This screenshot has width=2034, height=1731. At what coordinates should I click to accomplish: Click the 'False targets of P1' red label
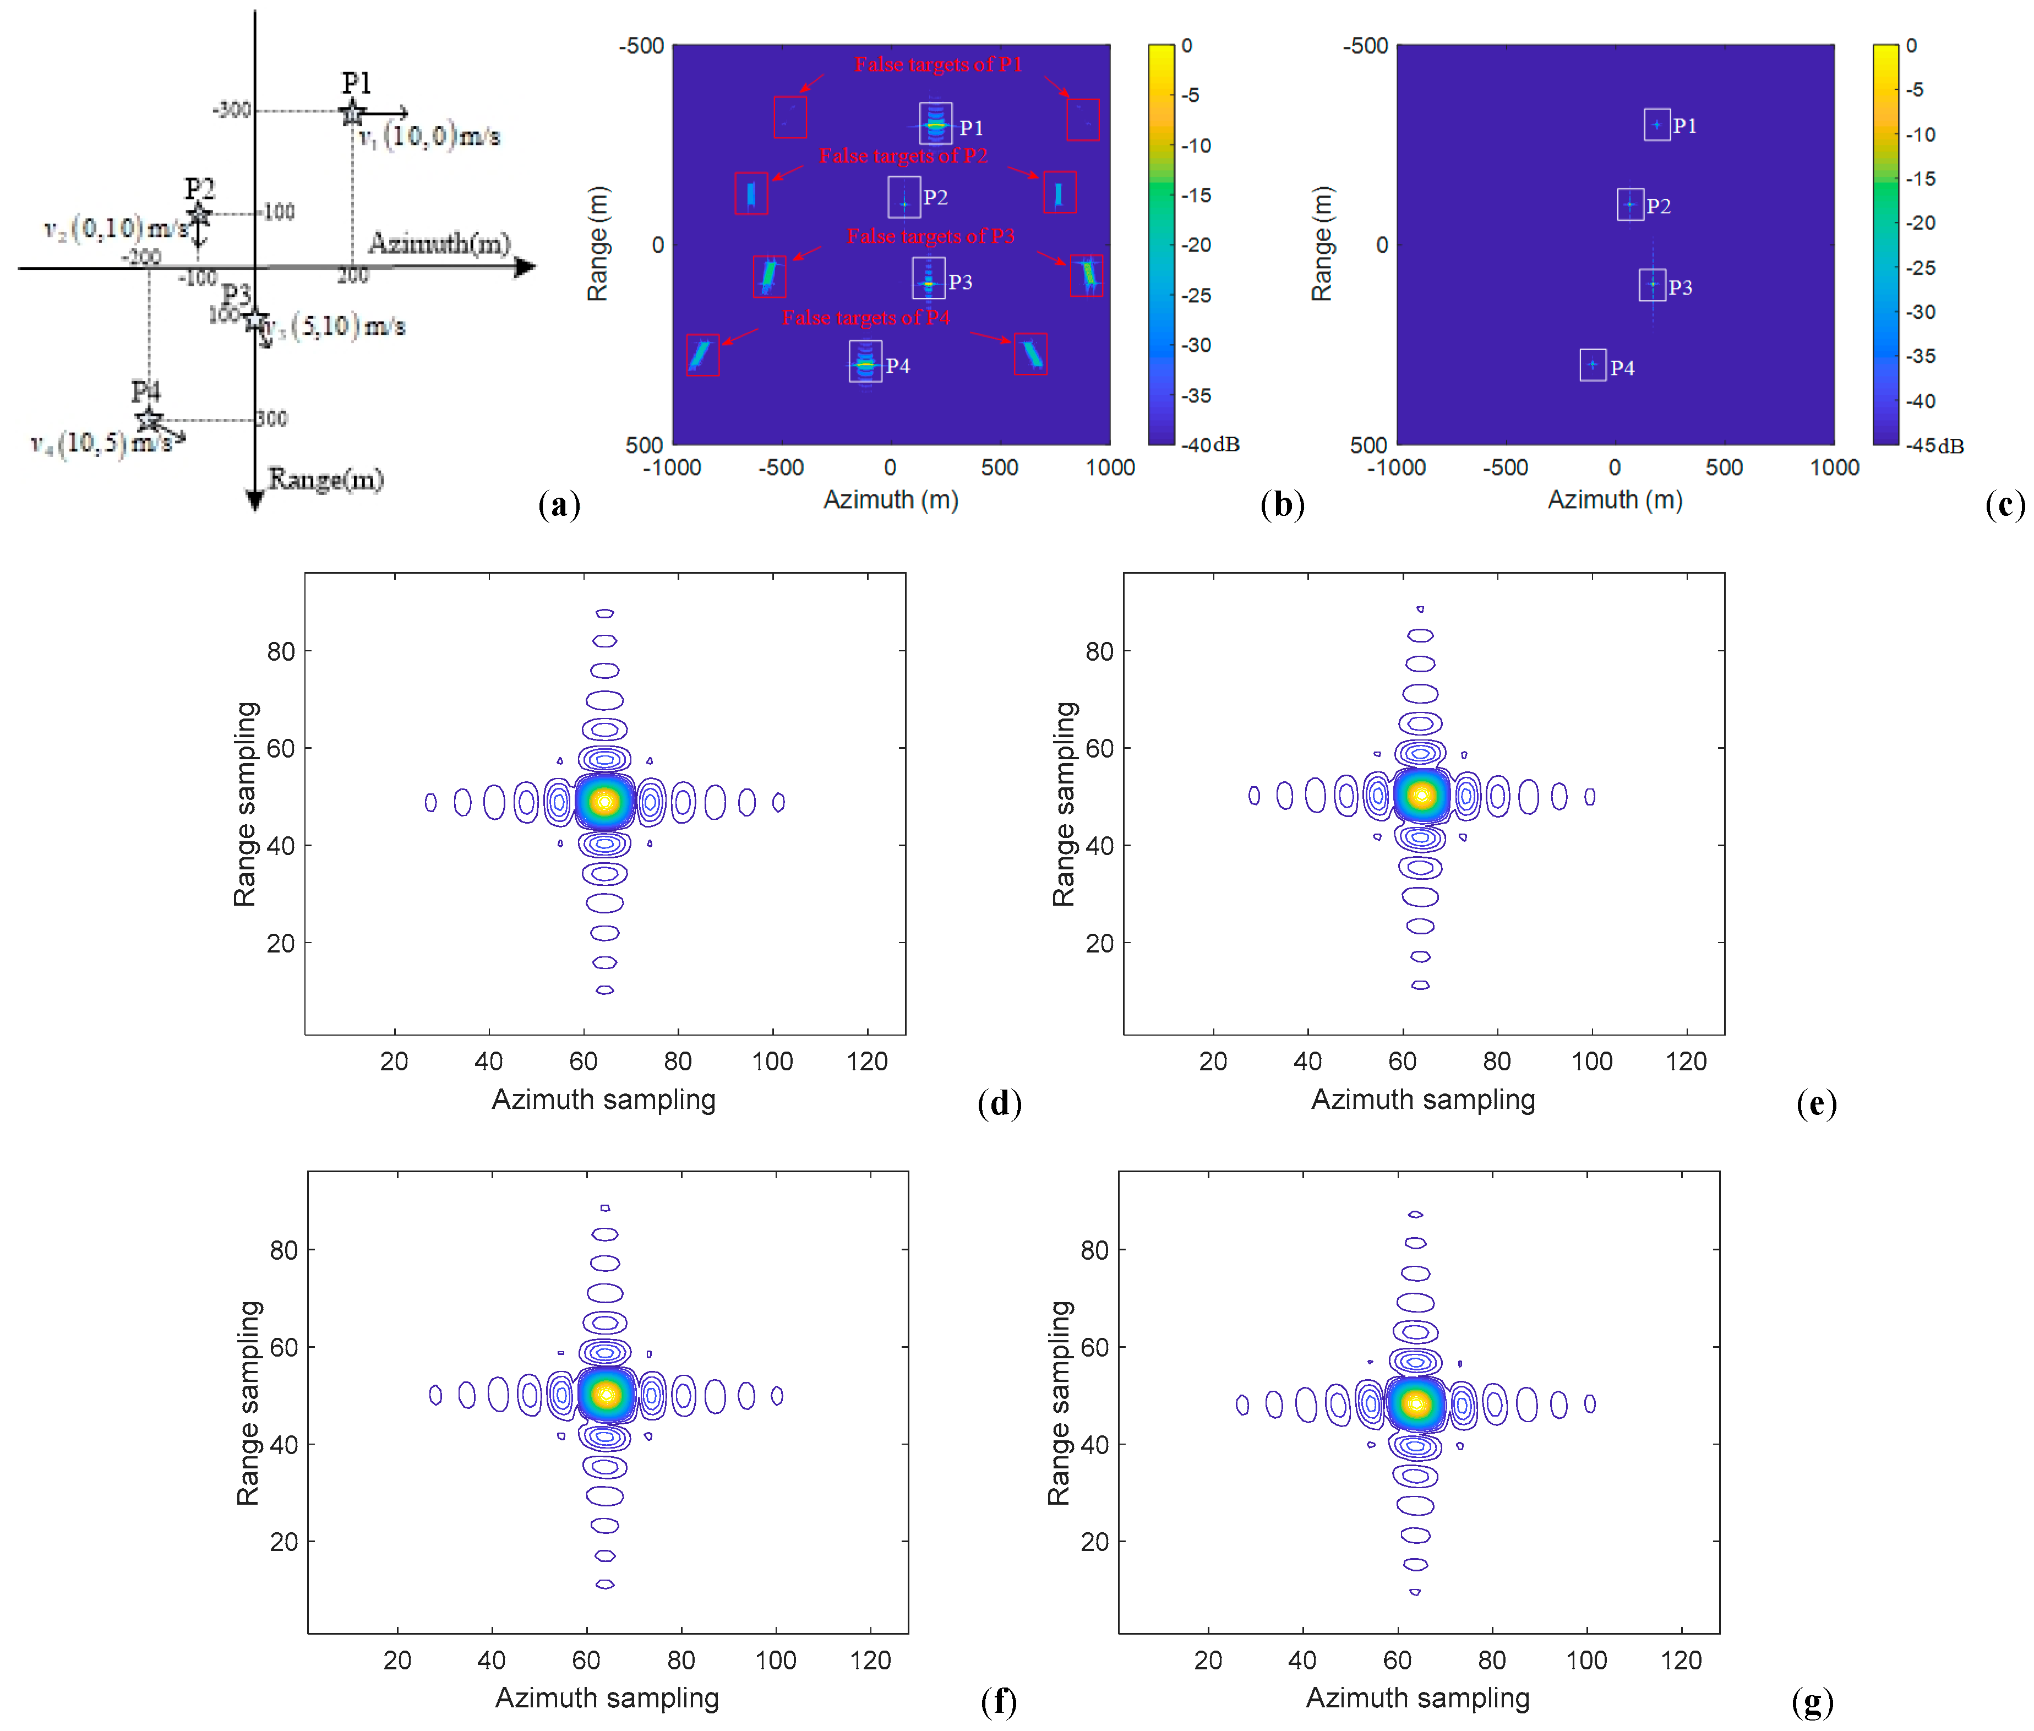click(x=938, y=65)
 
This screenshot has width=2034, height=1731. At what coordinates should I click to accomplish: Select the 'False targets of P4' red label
click(x=865, y=318)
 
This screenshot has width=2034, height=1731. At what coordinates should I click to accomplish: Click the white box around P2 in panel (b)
click(x=904, y=197)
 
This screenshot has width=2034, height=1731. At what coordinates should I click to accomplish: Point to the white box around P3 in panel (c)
click(x=1653, y=285)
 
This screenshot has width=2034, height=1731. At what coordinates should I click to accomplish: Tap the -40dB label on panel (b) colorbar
click(x=1211, y=444)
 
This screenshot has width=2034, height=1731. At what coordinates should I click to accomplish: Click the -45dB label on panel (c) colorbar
click(x=1935, y=445)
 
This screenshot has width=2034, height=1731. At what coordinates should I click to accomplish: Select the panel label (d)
click(x=999, y=1103)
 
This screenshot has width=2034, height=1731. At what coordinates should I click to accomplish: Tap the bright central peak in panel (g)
click(x=1415, y=1403)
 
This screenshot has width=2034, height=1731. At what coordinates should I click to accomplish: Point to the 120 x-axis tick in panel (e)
click(x=1686, y=1062)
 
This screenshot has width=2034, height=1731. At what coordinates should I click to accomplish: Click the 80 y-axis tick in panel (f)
click(x=283, y=1250)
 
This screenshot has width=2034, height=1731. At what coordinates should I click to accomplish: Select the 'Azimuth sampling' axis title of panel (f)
click(x=607, y=1697)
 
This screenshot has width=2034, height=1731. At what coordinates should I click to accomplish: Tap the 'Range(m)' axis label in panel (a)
click(x=326, y=480)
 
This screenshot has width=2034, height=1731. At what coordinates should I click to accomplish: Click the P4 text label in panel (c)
click(x=1622, y=368)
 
